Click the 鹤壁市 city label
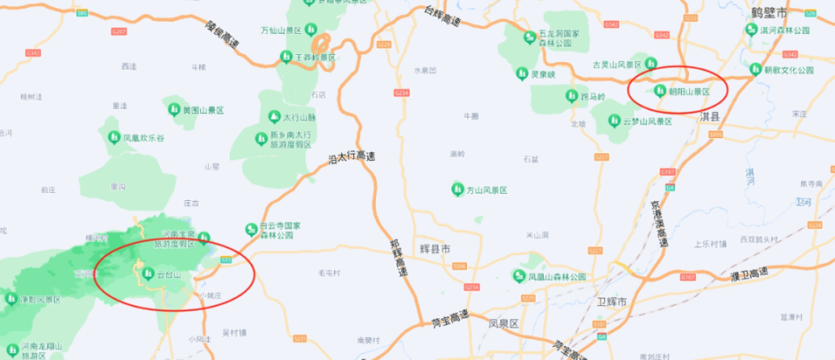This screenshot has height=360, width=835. coord(769,13)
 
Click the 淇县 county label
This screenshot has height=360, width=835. coord(711,116)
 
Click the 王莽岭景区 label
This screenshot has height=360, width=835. coord(316,57)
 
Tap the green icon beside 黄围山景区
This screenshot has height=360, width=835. coord(172,110)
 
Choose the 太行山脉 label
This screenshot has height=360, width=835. coord(300,117)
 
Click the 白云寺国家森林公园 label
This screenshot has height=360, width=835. coord(279,230)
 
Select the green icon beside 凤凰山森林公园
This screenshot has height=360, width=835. coord(521,277)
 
